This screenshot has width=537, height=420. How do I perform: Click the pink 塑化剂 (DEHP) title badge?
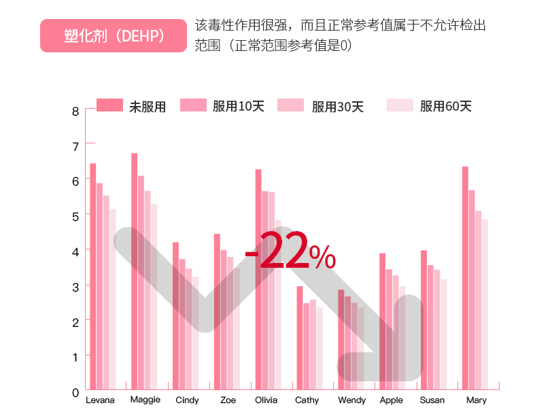(113, 35)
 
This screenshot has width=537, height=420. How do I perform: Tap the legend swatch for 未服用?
(109, 105)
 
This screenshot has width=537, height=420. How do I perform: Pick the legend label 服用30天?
(338, 107)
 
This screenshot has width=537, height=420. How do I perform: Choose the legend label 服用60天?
(445, 106)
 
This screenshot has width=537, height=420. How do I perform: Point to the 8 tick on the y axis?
(75, 111)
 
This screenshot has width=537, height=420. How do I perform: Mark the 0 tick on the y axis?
(75, 392)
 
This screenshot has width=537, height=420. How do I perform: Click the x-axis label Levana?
(100, 400)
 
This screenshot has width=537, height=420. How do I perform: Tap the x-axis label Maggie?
(145, 400)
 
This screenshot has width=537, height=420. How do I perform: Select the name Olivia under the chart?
(266, 400)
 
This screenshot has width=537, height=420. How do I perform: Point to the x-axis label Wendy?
(351, 400)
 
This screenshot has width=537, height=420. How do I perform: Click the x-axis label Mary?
(477, 400)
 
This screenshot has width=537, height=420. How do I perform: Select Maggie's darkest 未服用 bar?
(134, 272)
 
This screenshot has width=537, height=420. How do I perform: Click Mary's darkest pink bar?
(465, 279)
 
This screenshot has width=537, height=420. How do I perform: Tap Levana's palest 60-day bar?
(113, 299)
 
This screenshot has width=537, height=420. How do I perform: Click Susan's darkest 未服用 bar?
(423, 319)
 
